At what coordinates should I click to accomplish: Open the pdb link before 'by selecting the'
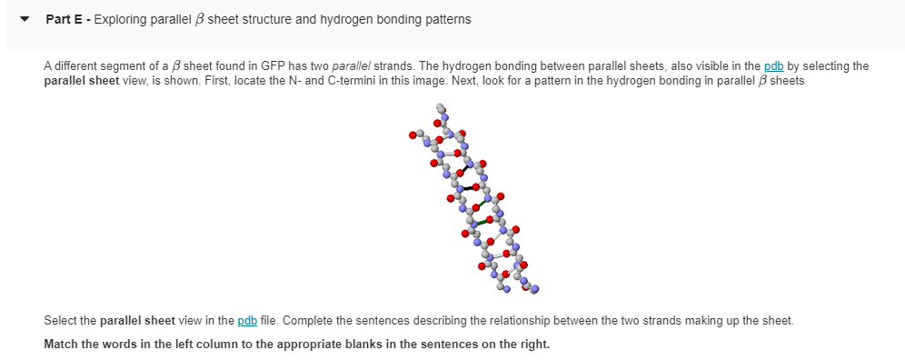point(773,66)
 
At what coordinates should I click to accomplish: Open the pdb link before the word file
point(246,320)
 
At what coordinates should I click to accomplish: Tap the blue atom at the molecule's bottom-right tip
point(535,290)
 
